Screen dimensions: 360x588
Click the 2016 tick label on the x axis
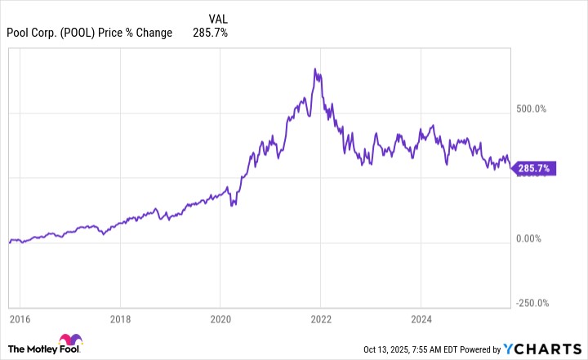click(20, 319)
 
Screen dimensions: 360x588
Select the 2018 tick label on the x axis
click(120, 319)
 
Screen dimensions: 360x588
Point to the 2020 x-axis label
click(221, 319)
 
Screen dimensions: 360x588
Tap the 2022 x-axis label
click(322, 319)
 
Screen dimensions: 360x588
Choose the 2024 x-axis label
click(421, 319)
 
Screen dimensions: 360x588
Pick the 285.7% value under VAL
click(211, 33)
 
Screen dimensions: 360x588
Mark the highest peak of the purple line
click(316, 69)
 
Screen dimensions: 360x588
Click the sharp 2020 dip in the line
click(233, 204)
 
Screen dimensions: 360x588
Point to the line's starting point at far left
click(9, 242)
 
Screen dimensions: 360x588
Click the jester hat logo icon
click(69, 344)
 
